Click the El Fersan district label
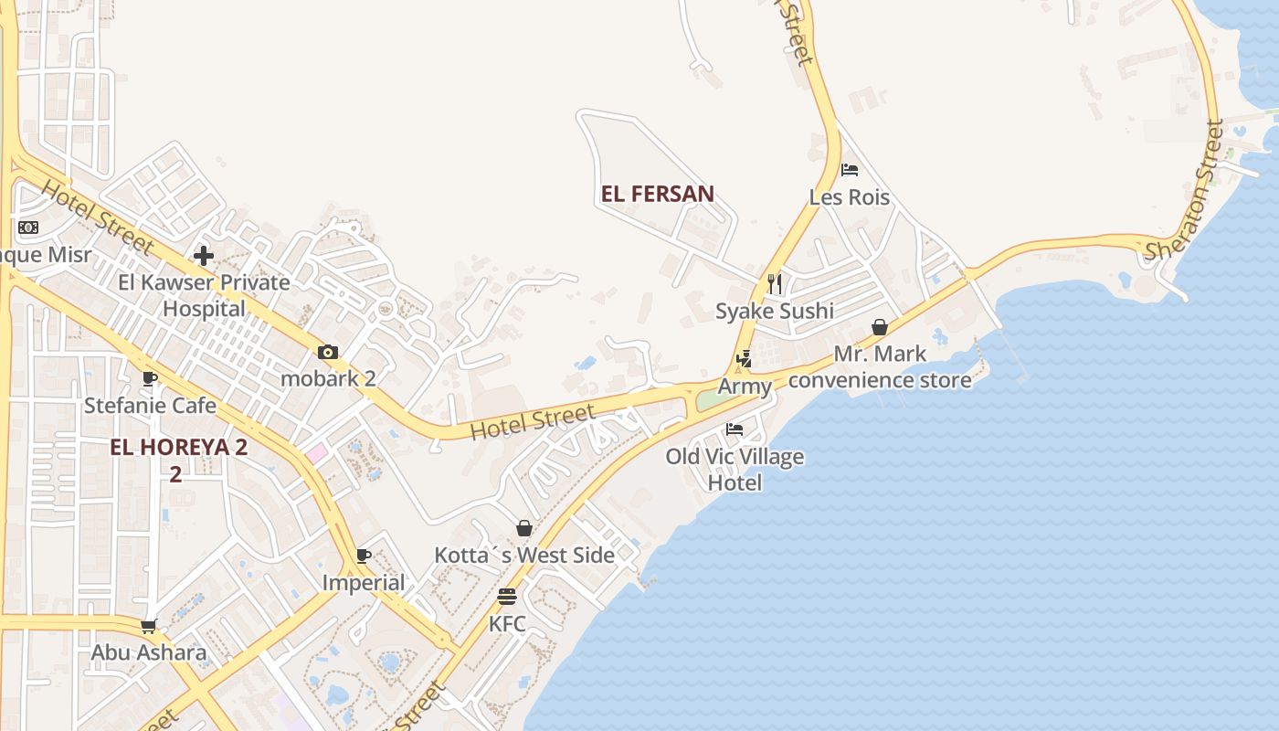(657, 194)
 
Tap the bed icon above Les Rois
(850, 170)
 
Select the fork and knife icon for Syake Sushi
(775, 284)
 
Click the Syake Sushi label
(774, 311)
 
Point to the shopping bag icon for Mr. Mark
(879, 327)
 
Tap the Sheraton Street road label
(1185, 193)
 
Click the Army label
(745, 387)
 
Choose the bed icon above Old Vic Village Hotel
(735, 429)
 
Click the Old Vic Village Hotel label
(735, 469)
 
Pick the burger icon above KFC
(507, 598)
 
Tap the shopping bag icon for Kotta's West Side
(524, 528)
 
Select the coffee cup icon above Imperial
(364, 556)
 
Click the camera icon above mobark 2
(328, 352)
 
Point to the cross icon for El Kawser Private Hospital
(204, 256)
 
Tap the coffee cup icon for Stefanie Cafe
(150, 378)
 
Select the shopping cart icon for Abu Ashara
(149, 627)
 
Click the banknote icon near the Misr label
(28, 228)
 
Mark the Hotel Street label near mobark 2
(532, 422)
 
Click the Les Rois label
(849, 197)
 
